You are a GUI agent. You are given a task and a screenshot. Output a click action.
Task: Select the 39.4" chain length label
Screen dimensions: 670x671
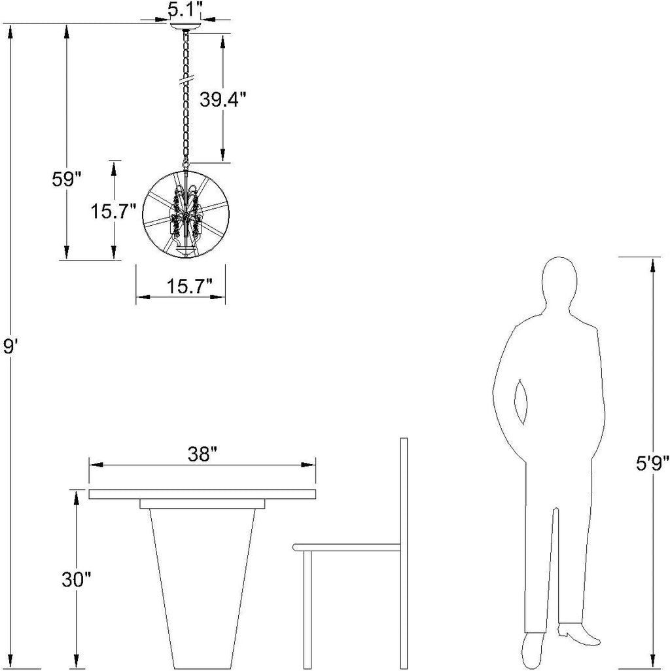click(223, 100)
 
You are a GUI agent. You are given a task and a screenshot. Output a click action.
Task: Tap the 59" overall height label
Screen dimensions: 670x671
click(66, 179)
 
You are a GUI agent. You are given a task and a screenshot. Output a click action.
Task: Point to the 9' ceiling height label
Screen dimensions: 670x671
click(9, 346)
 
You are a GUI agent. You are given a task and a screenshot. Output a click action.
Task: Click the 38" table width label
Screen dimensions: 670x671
click(203, 454)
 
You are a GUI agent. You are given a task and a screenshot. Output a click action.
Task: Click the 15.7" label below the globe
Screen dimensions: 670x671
click(189, 286)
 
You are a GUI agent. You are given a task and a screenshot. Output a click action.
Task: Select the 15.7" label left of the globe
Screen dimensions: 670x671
click(113, 211)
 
